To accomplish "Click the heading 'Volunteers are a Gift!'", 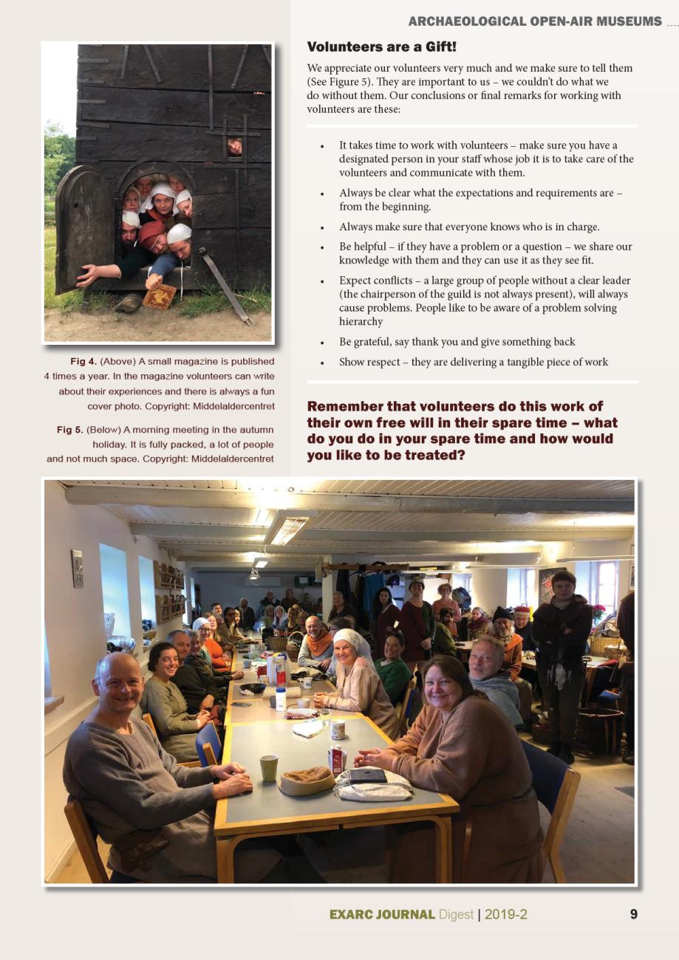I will point(381,47).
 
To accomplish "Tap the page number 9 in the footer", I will point(633,914).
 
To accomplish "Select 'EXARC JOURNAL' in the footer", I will point(381,914).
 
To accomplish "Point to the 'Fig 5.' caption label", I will point(69,429).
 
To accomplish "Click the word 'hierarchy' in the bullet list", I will point(361,321).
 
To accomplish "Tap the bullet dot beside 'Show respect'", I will point(323,363).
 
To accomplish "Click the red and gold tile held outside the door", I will point(159,295).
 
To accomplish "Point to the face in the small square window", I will point(234,147).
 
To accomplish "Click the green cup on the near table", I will point(269,768).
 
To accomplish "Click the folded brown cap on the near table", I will point(307,779).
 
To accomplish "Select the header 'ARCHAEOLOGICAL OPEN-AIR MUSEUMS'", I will point(535,21).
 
